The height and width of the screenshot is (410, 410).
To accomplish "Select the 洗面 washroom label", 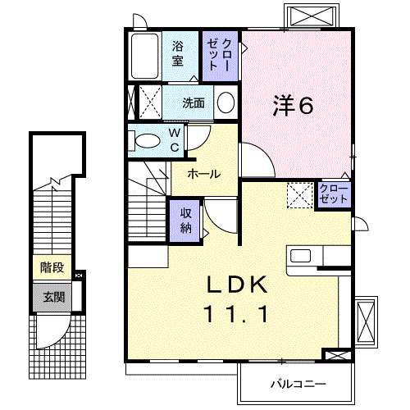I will tap(194, 103).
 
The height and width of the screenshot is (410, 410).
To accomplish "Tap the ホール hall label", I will tap(203, 174).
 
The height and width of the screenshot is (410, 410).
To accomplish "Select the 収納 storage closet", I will tap(186, 220).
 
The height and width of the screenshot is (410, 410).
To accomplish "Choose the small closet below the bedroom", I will tap(334, 194).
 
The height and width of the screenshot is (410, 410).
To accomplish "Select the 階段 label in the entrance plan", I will tap(52, 267).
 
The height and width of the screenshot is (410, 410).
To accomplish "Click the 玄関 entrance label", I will tap(52, 296).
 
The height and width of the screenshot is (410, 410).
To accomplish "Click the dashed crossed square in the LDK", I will tap(298, 195).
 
